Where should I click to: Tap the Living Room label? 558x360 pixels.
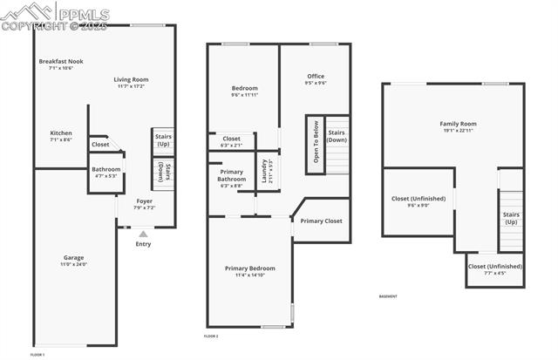click(132, 83)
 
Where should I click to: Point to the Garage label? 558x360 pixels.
click(73, 259)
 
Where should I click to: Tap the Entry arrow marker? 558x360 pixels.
click(143, 234)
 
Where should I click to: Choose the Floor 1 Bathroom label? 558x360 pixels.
click(106, 172)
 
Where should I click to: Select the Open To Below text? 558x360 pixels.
click(315, 140)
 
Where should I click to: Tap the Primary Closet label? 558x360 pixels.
click(322, 221)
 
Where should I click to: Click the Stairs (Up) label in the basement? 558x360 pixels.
click(511, 218)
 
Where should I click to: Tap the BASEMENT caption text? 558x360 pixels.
click(389, 296)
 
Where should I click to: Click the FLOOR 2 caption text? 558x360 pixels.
click(211, 336)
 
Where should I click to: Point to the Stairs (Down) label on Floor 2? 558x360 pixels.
click(337, 137)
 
